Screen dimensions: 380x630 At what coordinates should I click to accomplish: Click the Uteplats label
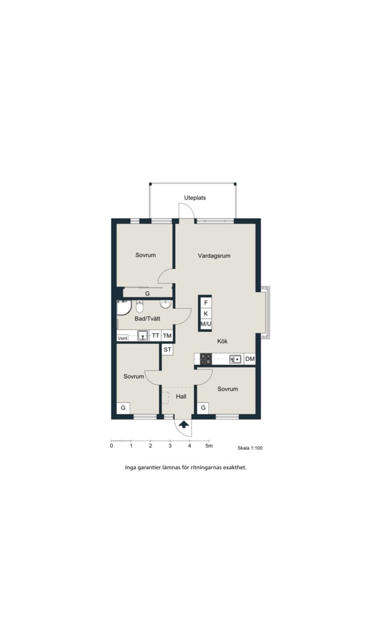pyautogui.click(x=195, y=198)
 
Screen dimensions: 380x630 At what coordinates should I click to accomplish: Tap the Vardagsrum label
pyautogui.click(x=214, y=256)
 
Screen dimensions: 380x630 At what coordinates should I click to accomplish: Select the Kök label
pyautogui.click(x=222, y=341)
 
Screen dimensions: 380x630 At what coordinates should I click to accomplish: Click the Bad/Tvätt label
pyautogui.click(x=148, y=318)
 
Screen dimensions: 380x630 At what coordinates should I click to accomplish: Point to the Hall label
pyautogui.click(x=181, y=397)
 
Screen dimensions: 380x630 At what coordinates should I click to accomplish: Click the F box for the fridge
pyautogui.click(x=206, y=303)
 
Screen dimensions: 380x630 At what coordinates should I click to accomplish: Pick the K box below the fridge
pyautogui.click(x=206, y=313)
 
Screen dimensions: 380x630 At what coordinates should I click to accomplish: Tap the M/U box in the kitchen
pyautogui.click(x=206, y=324)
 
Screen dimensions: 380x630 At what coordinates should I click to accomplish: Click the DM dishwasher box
pyautogui.click(x=250, y=359)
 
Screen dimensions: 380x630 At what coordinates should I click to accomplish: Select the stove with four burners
pyautogui.click(x=206, y=359)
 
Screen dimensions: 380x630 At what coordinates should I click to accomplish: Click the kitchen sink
pyautogui.click(x=236, y=359)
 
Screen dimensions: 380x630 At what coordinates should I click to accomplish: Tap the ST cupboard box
pyautogui.click(x=168, y=349)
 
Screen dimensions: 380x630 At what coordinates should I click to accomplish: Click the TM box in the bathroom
pyautogui.click(x=168, y=336)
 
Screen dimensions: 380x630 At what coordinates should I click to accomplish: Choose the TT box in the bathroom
pyautogui.click(x=156, y=336)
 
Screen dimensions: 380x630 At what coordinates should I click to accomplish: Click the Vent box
pyautogui.click(x=123, y=338)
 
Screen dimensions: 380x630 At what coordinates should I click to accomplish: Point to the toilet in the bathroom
pyautogui.click(x=140, y=306)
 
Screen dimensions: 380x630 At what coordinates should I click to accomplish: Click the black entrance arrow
pyautogui.click(x=184, y=424)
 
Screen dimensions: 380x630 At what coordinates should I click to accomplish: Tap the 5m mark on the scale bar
pyautogui.click(x=208, y=446)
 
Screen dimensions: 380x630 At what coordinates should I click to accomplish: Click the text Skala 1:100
pyautogui.click(x=250, y=448)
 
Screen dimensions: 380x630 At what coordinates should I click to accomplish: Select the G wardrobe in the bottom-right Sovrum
pyautogui.click(x=203, y=408)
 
